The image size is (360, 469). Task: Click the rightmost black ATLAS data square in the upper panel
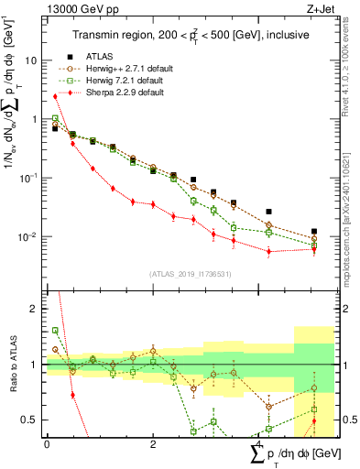pyautogui.click(x=314, y=232)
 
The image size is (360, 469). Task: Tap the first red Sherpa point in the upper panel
pyautogui.click(x=55, y=96)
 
